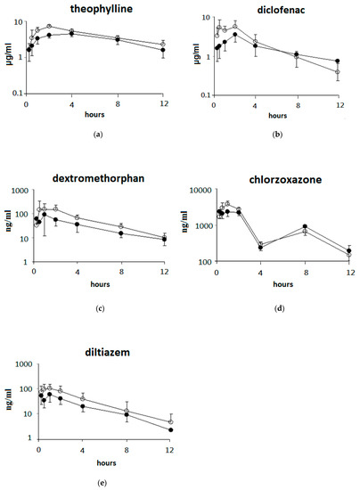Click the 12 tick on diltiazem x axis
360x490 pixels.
170,449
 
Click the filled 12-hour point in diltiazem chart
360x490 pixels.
170,430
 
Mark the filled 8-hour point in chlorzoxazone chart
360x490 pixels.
305,226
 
